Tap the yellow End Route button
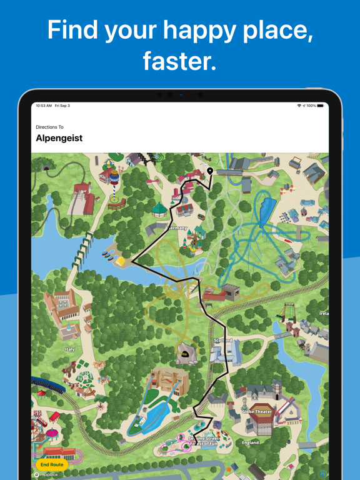point(52,464)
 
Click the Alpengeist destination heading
point(59,138)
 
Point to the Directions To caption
point(49,127)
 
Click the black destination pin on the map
point(210,171)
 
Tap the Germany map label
point(177,228)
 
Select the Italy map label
point(70,349)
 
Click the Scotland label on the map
point(223,341)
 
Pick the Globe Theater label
point(257,412)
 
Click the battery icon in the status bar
point(321,106)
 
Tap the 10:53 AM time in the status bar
point(44,106)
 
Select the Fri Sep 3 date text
point(62,106)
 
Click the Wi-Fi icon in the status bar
point(299,106)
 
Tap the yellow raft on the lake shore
point(120,261)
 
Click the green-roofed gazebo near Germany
point(159,208)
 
